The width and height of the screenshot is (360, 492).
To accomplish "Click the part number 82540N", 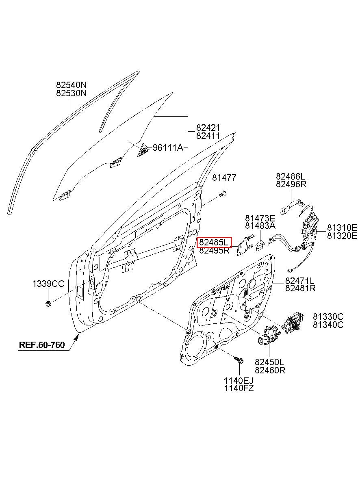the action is coord(72,85).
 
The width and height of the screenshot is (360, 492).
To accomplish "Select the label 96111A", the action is coord(168,147).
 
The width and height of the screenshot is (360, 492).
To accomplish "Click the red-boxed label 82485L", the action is coord(214,243).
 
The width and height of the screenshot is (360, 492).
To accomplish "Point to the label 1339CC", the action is coord(48,284).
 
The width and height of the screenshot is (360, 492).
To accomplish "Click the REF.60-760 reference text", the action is coord(42,345).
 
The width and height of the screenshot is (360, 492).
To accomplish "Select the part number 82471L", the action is coord(300,280).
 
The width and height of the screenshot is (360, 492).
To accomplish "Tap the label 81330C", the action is coord(328,316).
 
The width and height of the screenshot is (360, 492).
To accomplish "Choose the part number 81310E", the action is coord(342,227).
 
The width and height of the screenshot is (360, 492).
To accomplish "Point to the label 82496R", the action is coord(291,184).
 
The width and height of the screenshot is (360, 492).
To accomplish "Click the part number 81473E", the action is coord(260,218).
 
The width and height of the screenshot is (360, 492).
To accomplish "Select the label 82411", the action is coord(208,136).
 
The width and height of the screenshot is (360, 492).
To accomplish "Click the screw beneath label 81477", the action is coord(223,194).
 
